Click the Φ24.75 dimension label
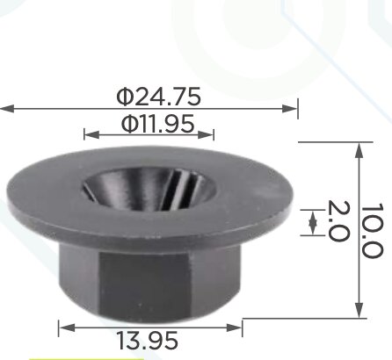coord(159,97)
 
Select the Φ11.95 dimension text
coord(157,124)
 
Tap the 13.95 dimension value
coord(147,341)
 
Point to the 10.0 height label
coord(372,231)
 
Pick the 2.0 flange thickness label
coord(338,221)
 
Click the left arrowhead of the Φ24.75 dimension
coord(7,109)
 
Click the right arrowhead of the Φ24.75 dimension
coord(289,109)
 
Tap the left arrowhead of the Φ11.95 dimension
coord(91,135)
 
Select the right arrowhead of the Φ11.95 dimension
coord(207,135)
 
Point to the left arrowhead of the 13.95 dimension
coord(66,328)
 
